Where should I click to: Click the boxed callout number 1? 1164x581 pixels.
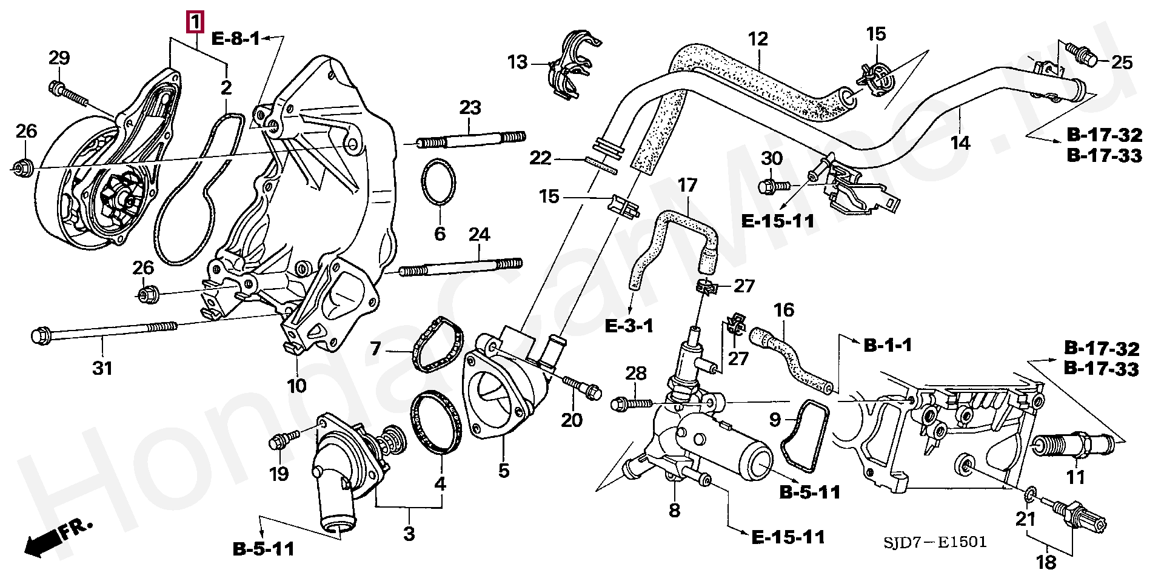pos(195,22)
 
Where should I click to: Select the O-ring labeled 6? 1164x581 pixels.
pos(438,183)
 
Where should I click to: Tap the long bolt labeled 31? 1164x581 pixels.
pos(104,331)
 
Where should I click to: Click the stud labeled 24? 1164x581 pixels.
pos(461,267)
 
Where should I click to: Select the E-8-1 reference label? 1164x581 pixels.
pos(235,39)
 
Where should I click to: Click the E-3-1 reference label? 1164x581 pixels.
pos(629,326)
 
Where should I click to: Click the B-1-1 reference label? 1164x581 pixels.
pos(888,346)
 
